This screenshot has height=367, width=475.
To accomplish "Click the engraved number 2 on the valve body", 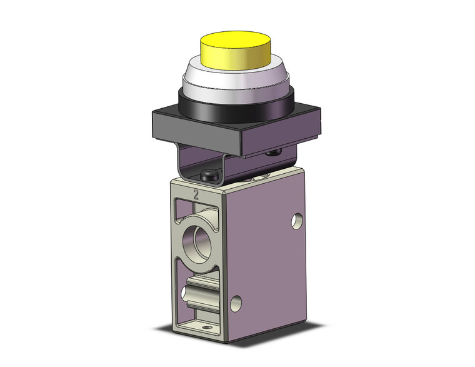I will tap(197, 195).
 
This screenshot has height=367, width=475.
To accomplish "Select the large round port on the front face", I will tap(199, 238).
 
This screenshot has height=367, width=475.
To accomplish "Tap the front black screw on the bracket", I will tap(210, 178).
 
